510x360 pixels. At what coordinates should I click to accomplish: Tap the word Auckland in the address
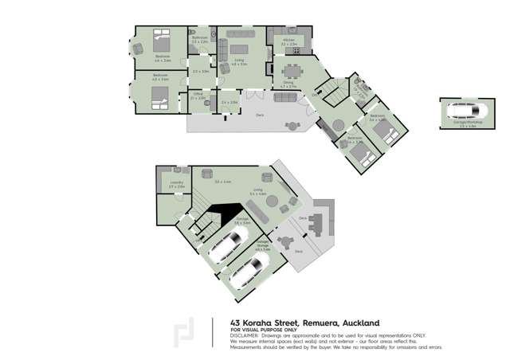point(358,323)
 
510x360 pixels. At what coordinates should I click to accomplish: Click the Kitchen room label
point(289,40)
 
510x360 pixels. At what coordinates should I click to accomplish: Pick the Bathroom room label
point(200,39)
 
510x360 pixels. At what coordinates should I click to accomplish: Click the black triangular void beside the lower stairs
point(226,213)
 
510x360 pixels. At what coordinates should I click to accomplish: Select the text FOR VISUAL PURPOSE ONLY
point(263,329)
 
